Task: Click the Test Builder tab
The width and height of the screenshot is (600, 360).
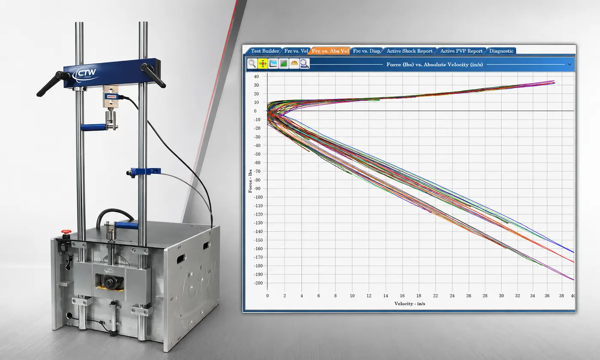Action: pyautogui.click(x=265, y=51)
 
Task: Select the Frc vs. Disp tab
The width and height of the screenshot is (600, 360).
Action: pyautogui.click(x=366, y=51)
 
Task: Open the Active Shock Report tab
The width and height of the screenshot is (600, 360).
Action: pyautogui.click(x=409, y=51)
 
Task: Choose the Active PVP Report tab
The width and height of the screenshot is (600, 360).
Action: pyautogui.click(x=461, y=51)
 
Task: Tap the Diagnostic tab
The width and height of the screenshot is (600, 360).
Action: pyautogui.click(x=501, y=51)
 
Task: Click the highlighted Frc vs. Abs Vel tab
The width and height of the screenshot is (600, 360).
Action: pyautogui.click(x=330, y=51)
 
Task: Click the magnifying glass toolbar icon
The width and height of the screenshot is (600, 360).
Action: pyautogui.click(x=252, y=64)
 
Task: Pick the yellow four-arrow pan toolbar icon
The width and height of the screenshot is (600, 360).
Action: pyautogui.click(x=263, y=64)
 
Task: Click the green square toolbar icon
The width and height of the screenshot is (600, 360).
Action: pyautogui.click(x=284, y=64)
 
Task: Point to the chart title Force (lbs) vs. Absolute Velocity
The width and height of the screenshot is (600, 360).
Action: pyautogui.click(x=435, y=65)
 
